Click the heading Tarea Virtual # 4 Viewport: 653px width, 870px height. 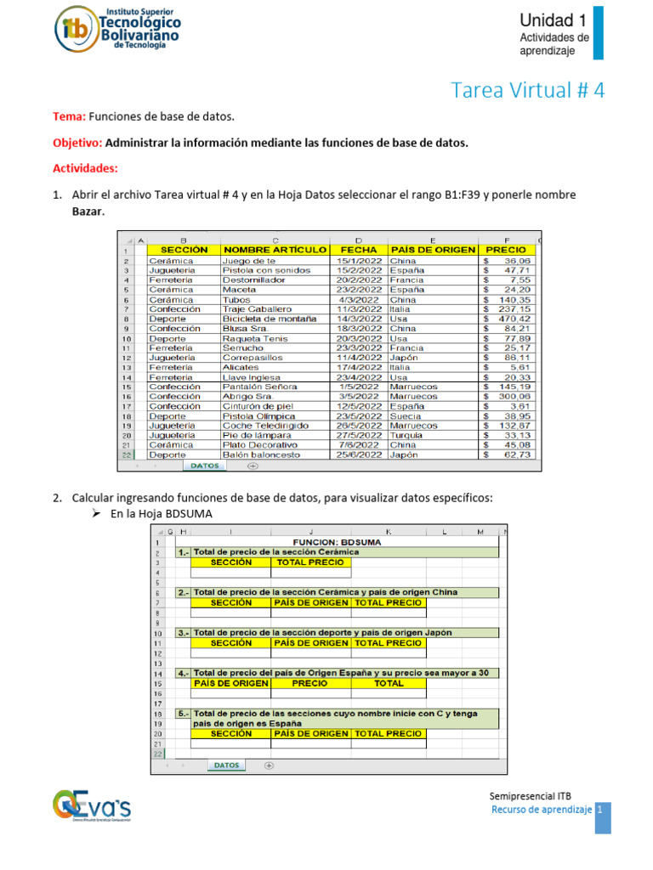[x=526, y=90]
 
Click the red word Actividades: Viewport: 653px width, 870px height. [x=85, y=168]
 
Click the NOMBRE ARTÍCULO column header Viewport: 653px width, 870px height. [x=274, y=250]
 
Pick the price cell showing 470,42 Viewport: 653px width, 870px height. [x=514, y=319]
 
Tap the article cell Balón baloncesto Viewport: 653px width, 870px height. [x=261, y=455]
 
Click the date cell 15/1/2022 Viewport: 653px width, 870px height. [x=358, y=261]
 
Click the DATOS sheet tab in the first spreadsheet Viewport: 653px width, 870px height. [x=204, y=466]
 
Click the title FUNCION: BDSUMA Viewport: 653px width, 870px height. [x=337, y=541]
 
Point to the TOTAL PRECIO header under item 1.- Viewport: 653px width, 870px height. [x=310, y=562]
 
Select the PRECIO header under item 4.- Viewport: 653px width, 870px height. [x=309, y=683]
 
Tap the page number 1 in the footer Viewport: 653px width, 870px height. [x=599, y=811]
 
